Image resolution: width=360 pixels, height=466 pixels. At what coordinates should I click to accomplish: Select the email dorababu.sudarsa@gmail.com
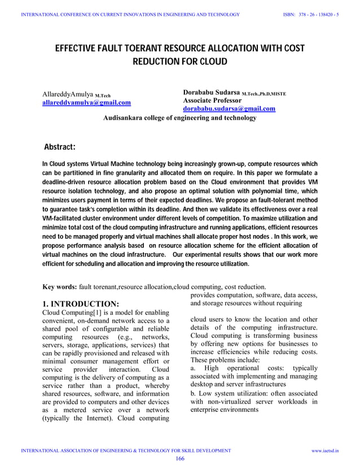coord(229,108)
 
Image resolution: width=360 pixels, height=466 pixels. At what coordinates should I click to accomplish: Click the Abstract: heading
coord(60,148)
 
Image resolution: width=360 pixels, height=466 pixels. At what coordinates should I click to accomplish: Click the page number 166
coord(180,459)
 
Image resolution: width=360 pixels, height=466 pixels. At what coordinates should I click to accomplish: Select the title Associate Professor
coord(216,100)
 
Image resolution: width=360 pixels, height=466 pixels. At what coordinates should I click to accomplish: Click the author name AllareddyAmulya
coord(68,94)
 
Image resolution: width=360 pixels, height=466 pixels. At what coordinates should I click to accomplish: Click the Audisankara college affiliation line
coord(179,118)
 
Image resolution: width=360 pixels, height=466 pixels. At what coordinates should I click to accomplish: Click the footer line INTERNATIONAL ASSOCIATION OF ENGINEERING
coord(125,451)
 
